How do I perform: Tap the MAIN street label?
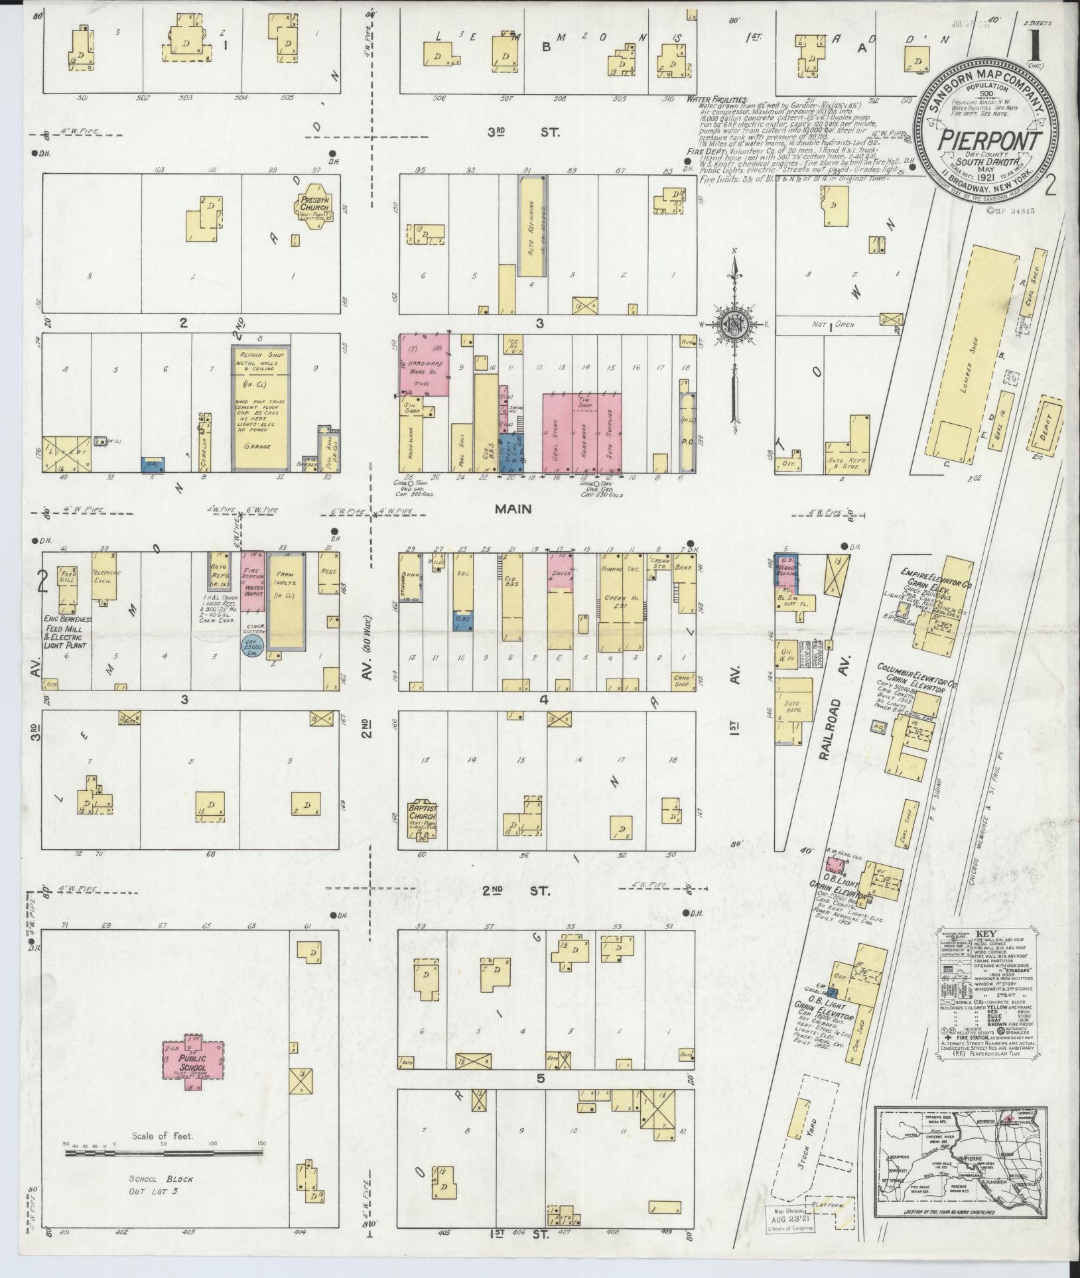pos(513,509)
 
